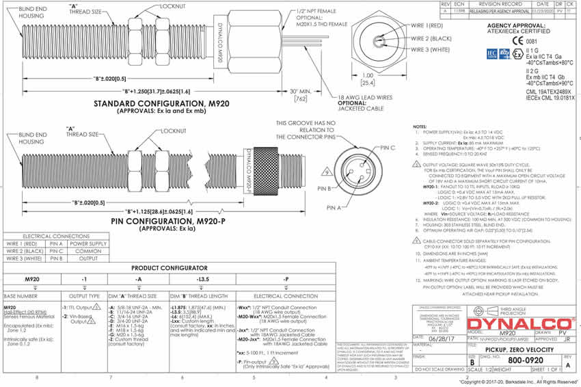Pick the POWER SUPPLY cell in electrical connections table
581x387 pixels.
tap(88, 243)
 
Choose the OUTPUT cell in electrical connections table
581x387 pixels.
tap(88, 258)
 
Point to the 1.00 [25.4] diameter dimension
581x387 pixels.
tap(368, 79)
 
